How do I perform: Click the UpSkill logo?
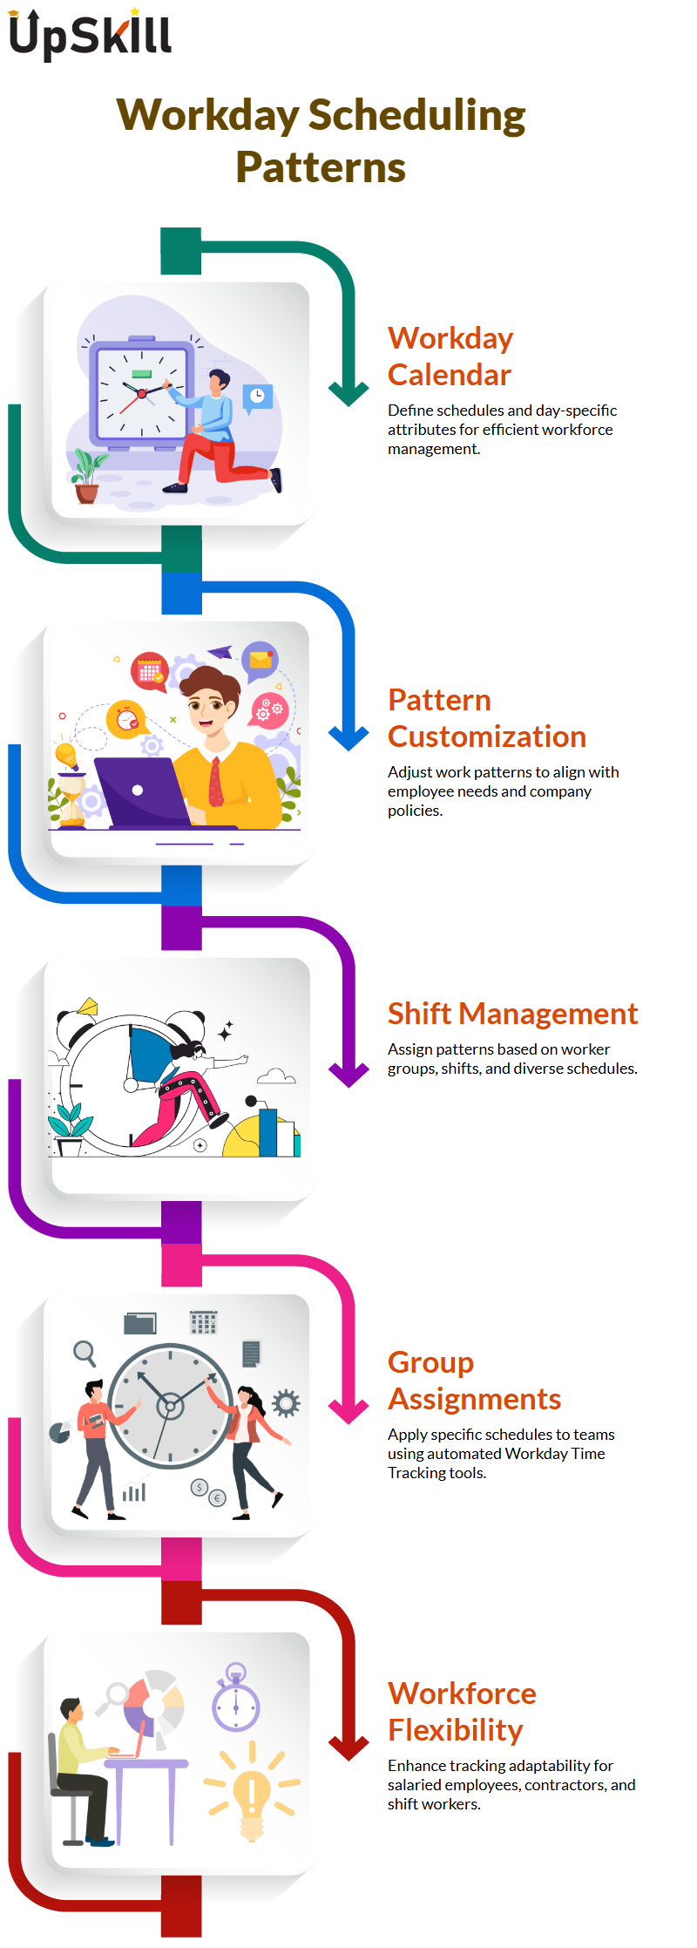(x=90, y=35)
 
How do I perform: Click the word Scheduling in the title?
(x=417, y=116)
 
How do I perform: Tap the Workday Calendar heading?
(x=450, y=356)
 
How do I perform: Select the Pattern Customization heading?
(x=487, y=718)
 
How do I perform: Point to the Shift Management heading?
(x=513, y=1014)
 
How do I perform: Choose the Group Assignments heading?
(x=475, y=1381)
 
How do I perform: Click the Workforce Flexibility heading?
(x=462, y=1711)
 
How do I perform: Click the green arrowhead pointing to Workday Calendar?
(x=349, y=394)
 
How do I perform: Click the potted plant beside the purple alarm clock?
(x=87, y=476)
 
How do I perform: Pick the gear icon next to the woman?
(x=286, y=1403)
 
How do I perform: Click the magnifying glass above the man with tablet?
(x=85, y=1353)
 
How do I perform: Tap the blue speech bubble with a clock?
(x=257, y=397)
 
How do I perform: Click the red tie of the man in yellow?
(x=215, y=781)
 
